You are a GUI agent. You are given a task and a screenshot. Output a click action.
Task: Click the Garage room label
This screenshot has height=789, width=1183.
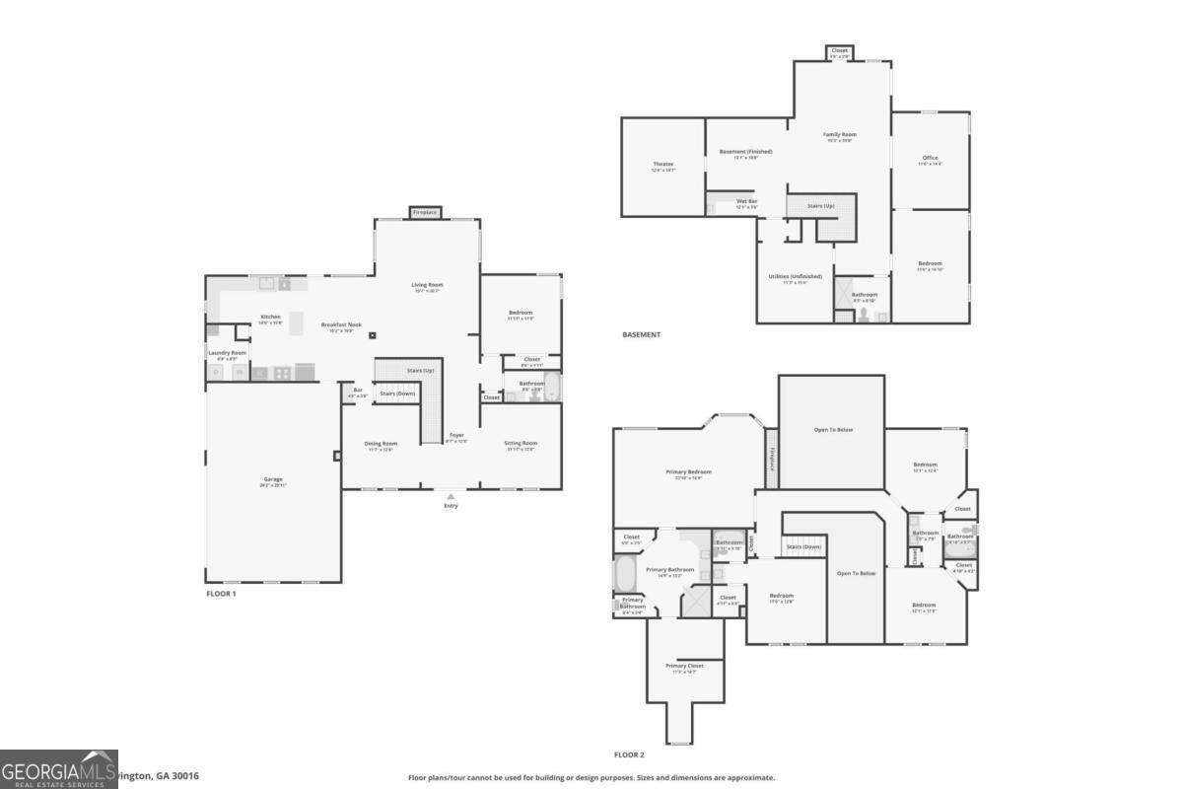click(x=273, y=479)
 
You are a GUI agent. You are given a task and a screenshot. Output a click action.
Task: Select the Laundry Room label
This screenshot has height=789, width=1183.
click(x=227, y=352)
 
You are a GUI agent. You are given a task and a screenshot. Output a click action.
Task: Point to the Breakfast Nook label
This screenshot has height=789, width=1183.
click(x=341, y=324)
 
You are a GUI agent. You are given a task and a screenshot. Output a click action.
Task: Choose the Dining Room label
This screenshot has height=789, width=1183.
click(x=381, y=444)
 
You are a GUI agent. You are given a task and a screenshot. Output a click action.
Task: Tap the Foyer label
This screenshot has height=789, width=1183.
click(x=457, y=435)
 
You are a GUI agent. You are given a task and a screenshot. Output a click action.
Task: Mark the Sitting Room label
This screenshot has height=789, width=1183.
click(x=521, y=444)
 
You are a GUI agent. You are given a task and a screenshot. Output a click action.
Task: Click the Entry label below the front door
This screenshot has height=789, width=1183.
click(x=451, y=506)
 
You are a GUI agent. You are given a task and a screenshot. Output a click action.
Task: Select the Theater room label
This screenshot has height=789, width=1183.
click(x=662, y=164)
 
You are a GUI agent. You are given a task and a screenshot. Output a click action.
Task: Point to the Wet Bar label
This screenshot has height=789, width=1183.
click(x=746, y=201)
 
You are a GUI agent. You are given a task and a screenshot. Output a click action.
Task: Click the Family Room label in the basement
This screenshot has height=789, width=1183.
click(x=840, y=134)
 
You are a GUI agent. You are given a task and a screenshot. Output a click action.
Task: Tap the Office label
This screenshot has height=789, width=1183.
click(x=930, y=158)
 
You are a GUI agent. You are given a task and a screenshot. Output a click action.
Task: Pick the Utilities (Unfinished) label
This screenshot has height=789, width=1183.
click(x=795, y=276)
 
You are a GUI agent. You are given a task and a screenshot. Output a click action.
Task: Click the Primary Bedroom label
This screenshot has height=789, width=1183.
click(x=687, y=471)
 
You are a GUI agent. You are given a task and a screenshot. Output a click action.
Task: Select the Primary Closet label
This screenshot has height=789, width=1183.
click(x=684, y=666)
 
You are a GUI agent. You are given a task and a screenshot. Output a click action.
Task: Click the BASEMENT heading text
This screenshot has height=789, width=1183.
click(x=642, y=335)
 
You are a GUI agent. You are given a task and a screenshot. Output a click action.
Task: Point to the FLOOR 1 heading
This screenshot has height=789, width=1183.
click(x=221, y=594)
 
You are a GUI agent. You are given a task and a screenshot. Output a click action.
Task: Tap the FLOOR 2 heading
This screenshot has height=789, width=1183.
click(x=629, y=755)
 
